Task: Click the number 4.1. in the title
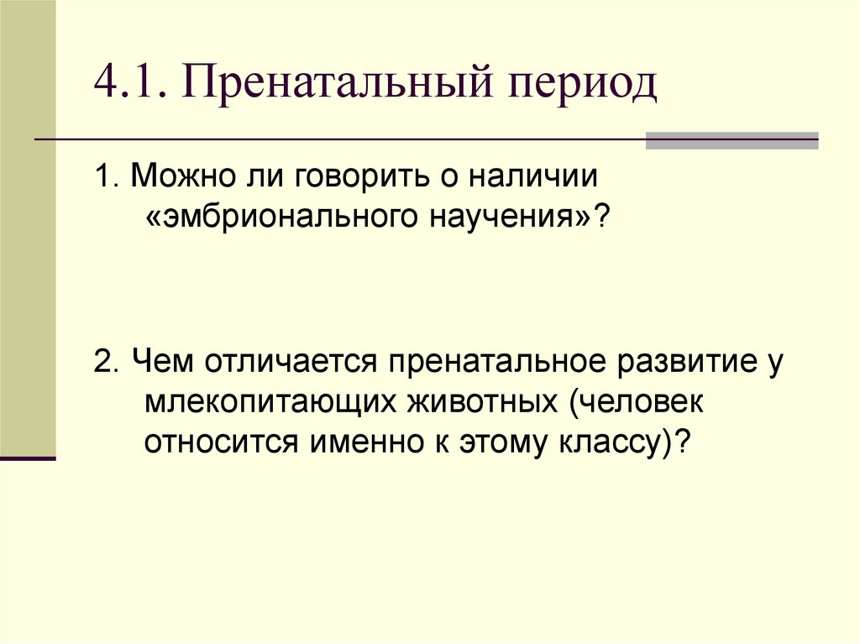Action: click(128, 85)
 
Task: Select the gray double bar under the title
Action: click(732, 140)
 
